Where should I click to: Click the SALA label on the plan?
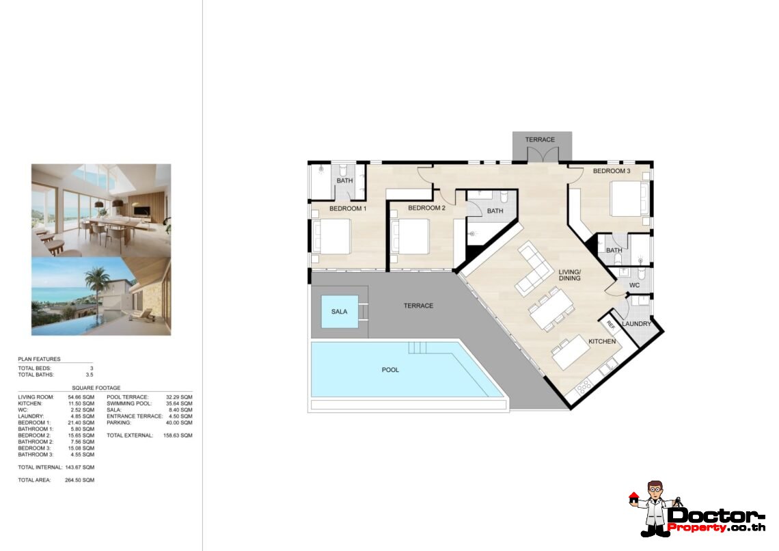pyautogui.click(x=339, y=312)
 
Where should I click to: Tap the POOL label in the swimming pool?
pyautogui.click(x=390, y=370)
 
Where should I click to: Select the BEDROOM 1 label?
pyautogui.click(x=348, y=209)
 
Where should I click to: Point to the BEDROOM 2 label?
pyautogui.click(x=426, y=209)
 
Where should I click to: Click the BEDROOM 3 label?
pyautogui.click(x=611, y=171)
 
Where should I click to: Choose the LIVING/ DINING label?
pyautogui.click(x=569, y=275)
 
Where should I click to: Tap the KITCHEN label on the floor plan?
pyautogui.click(x=601, y=341)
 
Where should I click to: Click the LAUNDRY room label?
pyautogui.click(x=637, y=323)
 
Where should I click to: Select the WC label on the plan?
pyautogui.click(x=633, y=285)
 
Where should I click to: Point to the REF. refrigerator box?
pyautogui.click(x=612, y=325)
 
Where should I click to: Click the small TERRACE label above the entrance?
pyautogui.click(x=540, y=140)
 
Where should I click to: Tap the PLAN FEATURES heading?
pyautogui.click(x=39, y=359)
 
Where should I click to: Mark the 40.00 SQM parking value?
pyautogui.click(x=178, y=422)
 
